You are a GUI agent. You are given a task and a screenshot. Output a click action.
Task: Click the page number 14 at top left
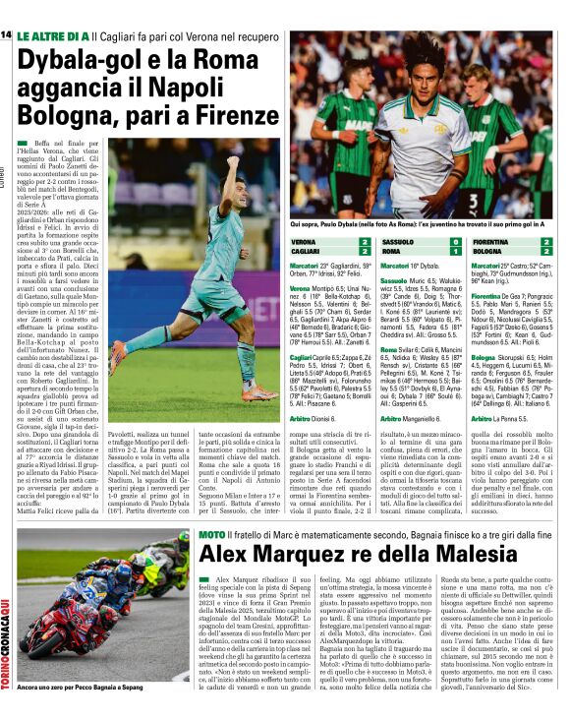(x=6, y=34)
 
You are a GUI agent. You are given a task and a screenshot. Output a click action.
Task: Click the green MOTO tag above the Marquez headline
(x=212, y=534)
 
